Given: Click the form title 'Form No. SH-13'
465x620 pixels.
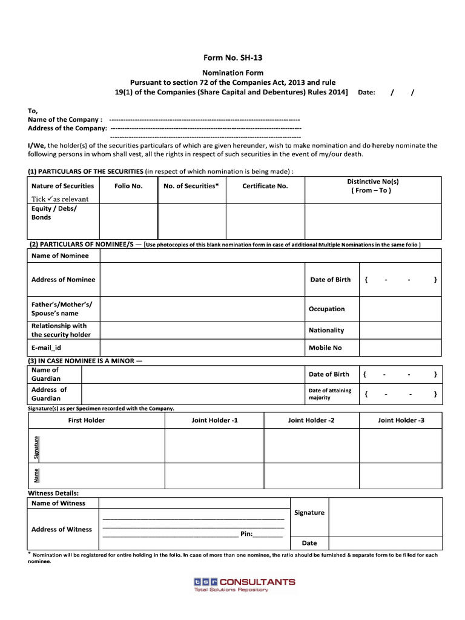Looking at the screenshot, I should click(232, 58).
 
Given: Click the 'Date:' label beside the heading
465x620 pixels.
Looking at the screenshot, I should click(367, 93).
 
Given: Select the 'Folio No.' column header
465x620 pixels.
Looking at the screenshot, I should click(128, 186).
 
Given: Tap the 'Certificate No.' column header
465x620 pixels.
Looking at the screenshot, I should click(265, 186).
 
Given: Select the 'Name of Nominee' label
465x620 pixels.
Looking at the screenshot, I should click(60, 256).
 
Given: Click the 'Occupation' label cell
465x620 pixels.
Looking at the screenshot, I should click(326, 309).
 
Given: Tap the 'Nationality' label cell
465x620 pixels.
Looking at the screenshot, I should click(326, 330).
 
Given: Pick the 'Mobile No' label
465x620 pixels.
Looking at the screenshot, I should click(325, 348).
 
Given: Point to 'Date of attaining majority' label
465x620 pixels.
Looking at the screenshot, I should click(329, 394).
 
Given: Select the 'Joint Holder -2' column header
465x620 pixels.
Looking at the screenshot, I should click(311, 420).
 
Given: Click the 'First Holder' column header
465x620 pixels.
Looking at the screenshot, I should click(86, 420).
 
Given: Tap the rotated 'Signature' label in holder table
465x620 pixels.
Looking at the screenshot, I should click(36, 446).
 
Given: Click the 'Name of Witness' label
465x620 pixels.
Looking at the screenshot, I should click(58, 503).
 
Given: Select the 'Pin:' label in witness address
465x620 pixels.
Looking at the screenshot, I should click(246, 534).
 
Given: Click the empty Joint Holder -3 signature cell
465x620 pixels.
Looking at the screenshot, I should click(400, 446).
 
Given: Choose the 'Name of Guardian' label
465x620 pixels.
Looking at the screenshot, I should click(45, 374).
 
